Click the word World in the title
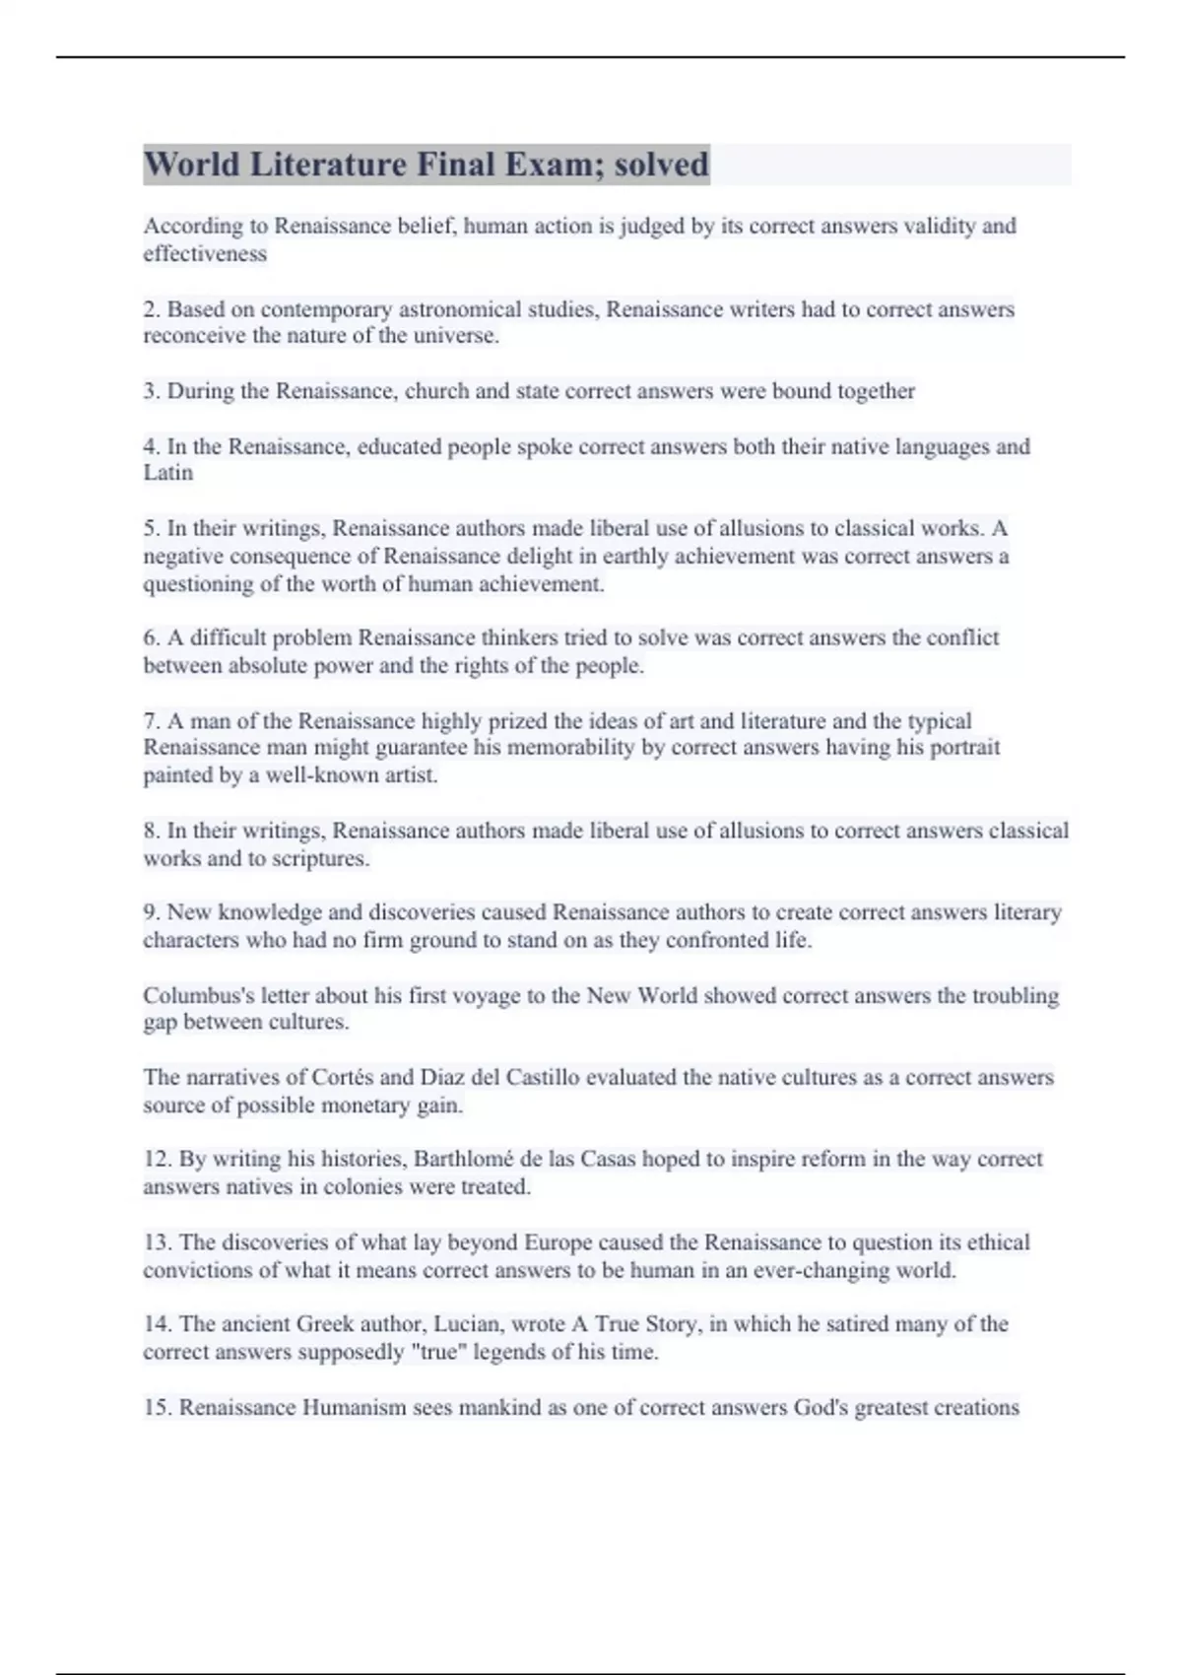pos(192,164)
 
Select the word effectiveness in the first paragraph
pos(205,254)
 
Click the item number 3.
pos(151,391)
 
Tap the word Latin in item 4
pos(168,473)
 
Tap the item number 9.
pos(151,912)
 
